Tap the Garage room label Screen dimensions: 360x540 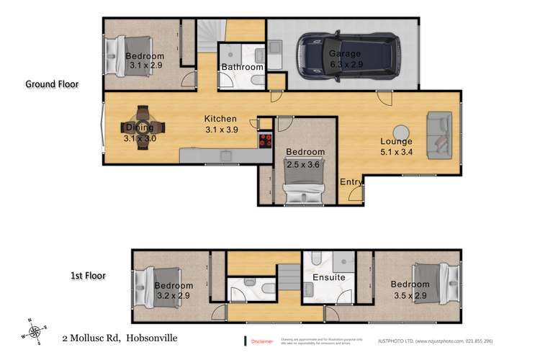coord(344,54)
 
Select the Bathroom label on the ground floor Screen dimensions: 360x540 coord(242,67)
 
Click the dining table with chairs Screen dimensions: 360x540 coord(142,128)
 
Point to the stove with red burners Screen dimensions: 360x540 coord(266,140)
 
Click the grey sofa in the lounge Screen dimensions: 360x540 coord(440,135)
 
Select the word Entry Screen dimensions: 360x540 coord(351,182)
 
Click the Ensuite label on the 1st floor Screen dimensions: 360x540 coord(328,277)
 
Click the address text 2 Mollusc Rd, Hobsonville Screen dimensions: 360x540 coord(120,337)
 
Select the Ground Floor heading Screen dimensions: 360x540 coord(52,84)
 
